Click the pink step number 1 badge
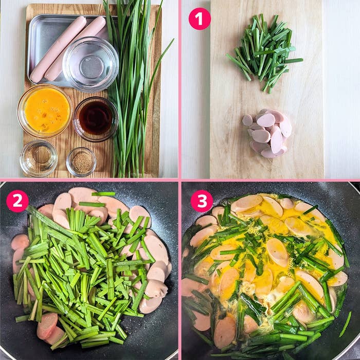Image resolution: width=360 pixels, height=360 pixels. click(200, 19)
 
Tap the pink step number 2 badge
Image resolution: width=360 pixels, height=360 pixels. click(17, 201)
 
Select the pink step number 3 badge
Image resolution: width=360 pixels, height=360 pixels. click(202, 201)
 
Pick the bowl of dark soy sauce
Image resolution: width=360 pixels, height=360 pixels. click(96, 118)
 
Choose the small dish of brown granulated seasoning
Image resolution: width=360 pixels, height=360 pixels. click(81, 162)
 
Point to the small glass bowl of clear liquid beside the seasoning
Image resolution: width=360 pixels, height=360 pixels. click(39, 158)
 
